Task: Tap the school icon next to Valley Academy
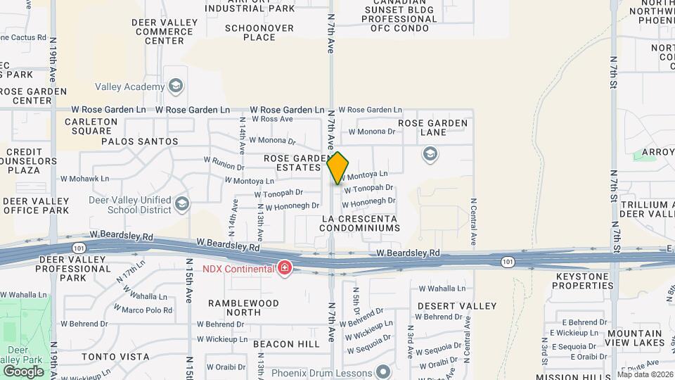tap(175, 87)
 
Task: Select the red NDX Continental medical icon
tap(284, 268)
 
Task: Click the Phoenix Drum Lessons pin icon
tap(383, 372)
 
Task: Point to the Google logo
tap(23, 371)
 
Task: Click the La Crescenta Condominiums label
tap(359, 224)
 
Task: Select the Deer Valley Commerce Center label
tap(165, 32)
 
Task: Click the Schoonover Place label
tap(250, 33)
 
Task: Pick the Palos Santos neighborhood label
tap(140, 141)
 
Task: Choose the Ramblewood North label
tap(243, 308)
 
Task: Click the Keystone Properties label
tap(584, 281)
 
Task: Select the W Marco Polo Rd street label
tap(147, 310)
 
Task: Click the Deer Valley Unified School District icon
tap(183, 204)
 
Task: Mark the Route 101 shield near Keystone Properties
tap(507, 261)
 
